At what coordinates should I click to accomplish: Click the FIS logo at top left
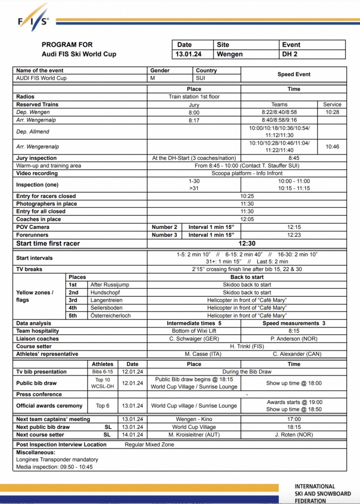point(34,18)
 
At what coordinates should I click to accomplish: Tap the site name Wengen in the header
point(230,54)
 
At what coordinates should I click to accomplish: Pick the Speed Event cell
point(294,74)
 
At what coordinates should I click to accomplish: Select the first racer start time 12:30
point(247,243)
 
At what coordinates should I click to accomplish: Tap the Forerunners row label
point(33,235)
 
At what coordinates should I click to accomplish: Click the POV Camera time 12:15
point(294,227)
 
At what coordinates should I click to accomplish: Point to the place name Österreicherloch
point(111,315)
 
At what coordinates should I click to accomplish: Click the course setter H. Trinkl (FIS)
point(247,346)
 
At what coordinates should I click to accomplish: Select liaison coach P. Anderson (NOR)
point(294,339)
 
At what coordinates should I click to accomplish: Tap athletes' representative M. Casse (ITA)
point(194,354)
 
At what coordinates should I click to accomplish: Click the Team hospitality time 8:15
point(294,331)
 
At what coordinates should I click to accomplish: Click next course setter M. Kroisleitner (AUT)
point(194,435)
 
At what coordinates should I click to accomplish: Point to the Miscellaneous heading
point(36,452)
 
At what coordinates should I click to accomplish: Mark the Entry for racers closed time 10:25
point(247,196)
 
